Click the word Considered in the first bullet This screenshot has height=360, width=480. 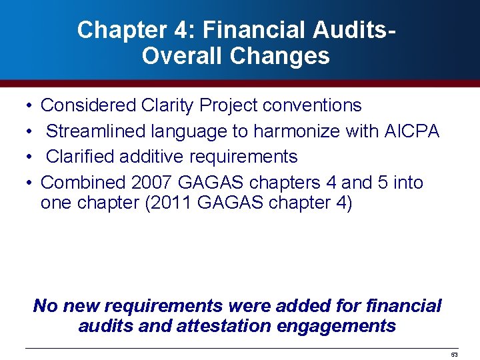click(88, 105)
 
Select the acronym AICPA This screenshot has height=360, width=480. click(412, 131)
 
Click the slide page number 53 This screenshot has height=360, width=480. click(454, 354)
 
